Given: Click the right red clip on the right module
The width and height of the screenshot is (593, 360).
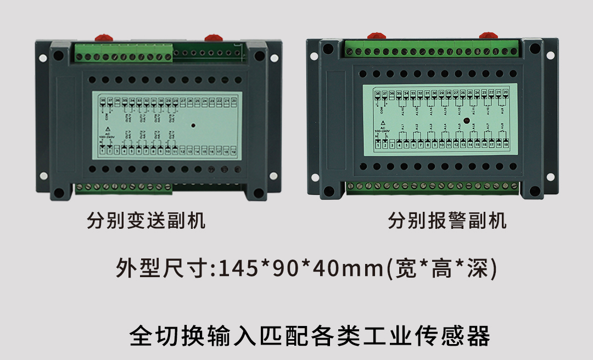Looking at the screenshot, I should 487,36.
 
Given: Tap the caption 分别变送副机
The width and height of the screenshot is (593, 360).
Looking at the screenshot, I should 146,221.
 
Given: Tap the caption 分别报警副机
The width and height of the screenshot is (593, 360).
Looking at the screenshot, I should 447,221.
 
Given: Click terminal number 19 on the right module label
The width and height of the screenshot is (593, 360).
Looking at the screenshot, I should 506,145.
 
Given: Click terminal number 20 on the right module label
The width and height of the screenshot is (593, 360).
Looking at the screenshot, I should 506,93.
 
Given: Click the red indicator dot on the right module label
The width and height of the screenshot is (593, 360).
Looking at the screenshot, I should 466,120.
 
